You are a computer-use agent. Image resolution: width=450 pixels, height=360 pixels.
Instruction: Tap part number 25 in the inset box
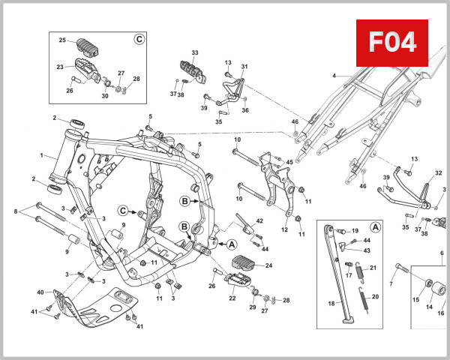pos(63,40)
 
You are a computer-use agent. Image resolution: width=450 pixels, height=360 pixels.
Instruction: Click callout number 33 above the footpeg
pos(195,52)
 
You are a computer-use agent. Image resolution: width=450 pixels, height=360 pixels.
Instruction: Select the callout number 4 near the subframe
pos(335,76)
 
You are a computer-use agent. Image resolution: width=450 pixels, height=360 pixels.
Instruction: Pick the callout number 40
pos(40,292)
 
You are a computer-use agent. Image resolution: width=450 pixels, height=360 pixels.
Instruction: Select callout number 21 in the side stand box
pos(373,268)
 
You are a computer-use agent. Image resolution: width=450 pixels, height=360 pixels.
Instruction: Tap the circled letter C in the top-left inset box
pos(138,39)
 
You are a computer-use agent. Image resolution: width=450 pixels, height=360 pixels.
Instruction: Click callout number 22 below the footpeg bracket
pos(232,298)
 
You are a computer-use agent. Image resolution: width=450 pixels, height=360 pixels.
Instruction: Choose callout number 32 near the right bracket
pos(438,173)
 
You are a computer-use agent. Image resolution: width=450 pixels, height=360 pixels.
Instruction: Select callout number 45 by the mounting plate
pos(289,162)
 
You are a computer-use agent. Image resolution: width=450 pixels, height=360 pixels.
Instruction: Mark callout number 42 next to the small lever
pos(259,220)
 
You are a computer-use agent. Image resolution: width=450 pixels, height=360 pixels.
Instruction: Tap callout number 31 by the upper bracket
pos(243,67)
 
